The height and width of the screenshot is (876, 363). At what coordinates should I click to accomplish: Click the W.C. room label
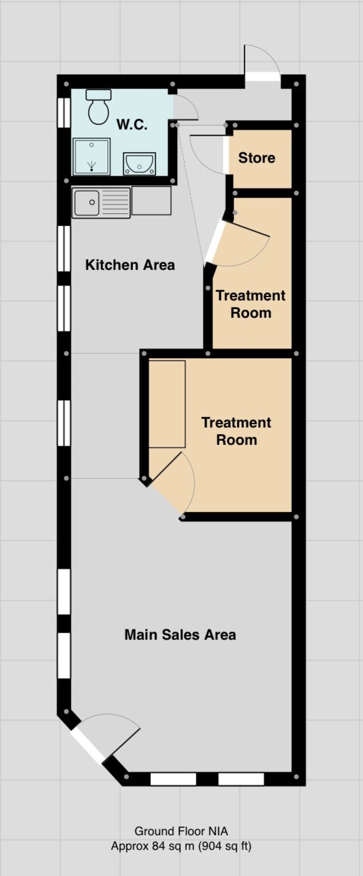tap(132, 124)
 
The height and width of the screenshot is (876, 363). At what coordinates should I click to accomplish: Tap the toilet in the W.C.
tap(98, 107)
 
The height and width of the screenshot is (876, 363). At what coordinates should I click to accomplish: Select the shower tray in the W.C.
tap(92, 156)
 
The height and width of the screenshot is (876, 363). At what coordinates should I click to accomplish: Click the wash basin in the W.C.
tap(139, 164)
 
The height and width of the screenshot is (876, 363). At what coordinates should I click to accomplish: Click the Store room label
tap(257, 158)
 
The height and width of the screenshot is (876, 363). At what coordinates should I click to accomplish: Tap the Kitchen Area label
tap(130, 265)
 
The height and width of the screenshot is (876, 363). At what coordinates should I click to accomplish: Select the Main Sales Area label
tap(180, 635)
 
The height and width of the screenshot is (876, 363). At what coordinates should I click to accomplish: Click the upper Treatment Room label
tap(251, 304)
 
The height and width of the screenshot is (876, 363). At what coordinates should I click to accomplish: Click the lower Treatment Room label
tap(236, 431)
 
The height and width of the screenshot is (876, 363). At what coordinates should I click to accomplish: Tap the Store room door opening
tap(226, 154)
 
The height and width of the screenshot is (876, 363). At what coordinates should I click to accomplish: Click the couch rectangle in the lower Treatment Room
tap(167, 404)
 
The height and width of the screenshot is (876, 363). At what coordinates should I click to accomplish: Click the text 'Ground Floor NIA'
tap(181, 831)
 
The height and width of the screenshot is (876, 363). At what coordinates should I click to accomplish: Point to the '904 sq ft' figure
tap(225, 846)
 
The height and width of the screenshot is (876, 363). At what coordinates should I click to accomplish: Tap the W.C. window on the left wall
tap(64, 112)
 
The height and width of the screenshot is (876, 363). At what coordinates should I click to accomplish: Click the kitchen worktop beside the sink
tap(151, 200)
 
